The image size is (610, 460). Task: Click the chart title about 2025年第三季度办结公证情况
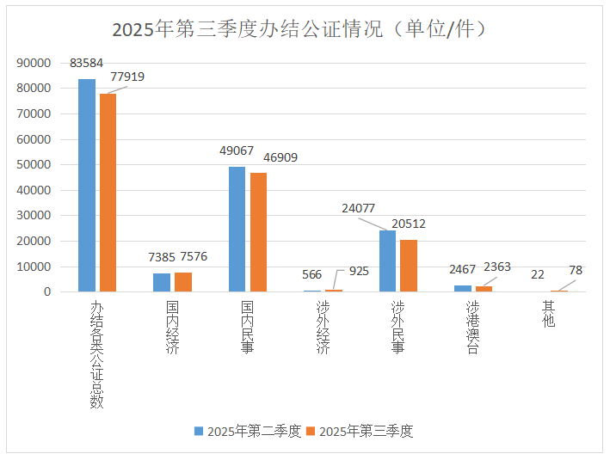(303, 29)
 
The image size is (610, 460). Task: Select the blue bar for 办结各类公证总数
(87, 185)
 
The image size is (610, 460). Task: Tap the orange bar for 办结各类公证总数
(108, 193)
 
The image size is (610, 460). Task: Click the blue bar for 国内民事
(237, 229)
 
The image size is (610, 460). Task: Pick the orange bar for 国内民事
(258, 232)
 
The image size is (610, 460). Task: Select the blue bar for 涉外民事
(388, 261)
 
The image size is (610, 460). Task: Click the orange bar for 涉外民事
(409, 266)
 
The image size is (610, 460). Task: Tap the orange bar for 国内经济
(182, 282)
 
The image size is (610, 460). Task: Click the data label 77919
(126, 77)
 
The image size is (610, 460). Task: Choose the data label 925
(359, 271)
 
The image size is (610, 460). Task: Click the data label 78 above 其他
(576, 271)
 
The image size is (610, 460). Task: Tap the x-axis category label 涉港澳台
(473, 328)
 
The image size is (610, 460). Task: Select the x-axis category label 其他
(548, 314)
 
